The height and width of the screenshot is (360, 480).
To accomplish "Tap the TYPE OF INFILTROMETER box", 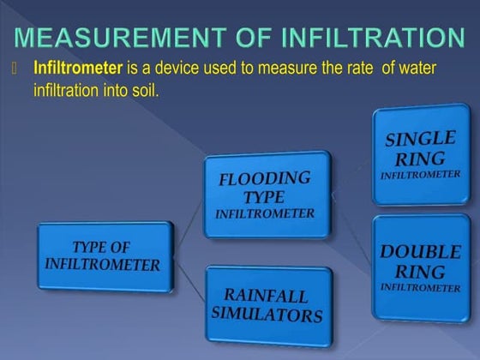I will tap(102, 256).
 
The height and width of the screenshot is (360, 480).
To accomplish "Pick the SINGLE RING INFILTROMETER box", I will tap(420, 153).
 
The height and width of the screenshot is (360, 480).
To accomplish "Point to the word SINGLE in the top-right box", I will tap(421, 138).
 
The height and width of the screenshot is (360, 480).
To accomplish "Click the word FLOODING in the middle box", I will tap(264, 179).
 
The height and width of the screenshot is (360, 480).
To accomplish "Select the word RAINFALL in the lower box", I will tap(267, 296).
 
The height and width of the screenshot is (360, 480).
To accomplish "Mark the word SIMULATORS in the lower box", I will tap(267, 315).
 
